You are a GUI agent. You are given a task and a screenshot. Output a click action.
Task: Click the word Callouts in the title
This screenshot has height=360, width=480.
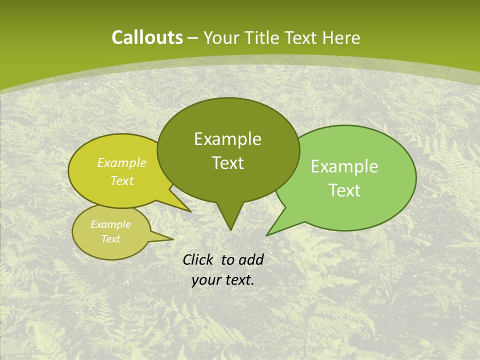pyautogui.click(x=147, y=37)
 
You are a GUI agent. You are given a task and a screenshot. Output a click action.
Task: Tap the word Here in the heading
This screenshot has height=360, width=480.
pyautogui.click(x=342, y=37)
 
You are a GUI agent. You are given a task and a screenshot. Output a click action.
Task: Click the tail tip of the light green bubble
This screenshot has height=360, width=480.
pyautogui.click(x=267, y=234)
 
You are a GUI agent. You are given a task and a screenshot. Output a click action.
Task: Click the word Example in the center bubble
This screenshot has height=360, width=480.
pyautogui.click(x=228, y=139)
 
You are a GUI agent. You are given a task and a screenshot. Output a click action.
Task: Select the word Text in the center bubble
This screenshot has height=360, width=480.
pyautogui.click(x=228, y=163)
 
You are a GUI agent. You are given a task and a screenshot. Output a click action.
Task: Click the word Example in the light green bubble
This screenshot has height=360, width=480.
pyautogui.click(x=344, y=166)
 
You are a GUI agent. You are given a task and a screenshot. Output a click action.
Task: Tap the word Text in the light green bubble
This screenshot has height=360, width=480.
pyautogui.click(x=344, y=190)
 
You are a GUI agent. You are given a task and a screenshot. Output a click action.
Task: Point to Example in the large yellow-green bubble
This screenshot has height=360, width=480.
pyautogui.click(x=122, y=163)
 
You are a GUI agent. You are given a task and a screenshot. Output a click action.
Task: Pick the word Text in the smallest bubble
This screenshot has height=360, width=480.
pyautogui.click(x=111, y=239)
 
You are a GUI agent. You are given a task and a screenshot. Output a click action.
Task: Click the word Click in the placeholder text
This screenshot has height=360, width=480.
pyautogui.click(x=198, y=259)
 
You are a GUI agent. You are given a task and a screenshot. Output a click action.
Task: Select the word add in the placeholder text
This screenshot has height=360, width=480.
pyautogui.click(x=250, y=259)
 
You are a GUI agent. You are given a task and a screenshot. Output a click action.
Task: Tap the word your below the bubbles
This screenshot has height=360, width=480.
pyautogui.click(x=206, y=280)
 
